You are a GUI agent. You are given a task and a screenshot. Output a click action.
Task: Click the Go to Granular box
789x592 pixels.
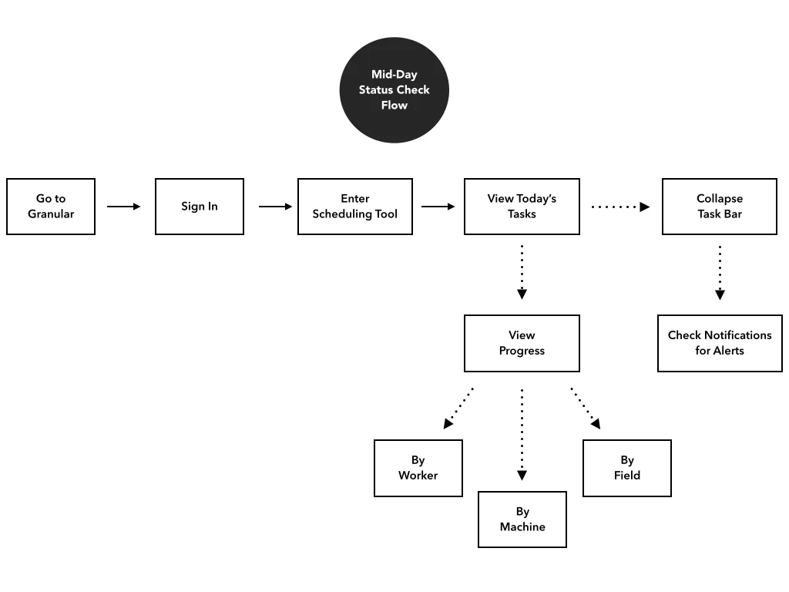coord(51,207)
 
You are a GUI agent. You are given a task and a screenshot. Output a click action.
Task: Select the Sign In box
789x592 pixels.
coord(200,207)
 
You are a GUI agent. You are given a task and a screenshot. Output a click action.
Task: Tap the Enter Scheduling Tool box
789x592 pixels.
coord(355,207)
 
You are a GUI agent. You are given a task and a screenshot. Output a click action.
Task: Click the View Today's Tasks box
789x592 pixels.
coord(522,207)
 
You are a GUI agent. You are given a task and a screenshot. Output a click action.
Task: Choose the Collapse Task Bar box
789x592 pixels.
coord(720,207)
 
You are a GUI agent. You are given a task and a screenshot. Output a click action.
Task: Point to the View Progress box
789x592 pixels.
coord(522,343)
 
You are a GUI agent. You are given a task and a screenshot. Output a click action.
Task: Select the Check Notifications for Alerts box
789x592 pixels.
coord(720,343)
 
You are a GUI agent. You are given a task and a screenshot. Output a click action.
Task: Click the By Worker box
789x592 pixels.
coord(418,468)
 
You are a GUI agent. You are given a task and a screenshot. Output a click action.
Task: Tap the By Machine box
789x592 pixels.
coord(522,520)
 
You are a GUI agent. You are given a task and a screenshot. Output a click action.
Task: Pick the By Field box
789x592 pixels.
coord(627,468)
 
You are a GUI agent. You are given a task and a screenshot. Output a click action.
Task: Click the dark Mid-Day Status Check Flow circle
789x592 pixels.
coord(394,90)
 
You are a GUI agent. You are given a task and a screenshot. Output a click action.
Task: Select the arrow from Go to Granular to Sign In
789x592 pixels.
coord(124,207)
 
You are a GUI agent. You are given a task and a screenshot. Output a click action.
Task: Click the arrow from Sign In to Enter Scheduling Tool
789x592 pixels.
coord(276,207)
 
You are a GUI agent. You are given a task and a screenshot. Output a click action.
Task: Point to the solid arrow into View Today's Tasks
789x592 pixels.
coord(438,207)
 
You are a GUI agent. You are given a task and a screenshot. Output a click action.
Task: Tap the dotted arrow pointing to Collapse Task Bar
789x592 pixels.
coord(620,207)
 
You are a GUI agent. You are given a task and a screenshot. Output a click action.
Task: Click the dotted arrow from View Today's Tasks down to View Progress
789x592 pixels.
coord(522,272)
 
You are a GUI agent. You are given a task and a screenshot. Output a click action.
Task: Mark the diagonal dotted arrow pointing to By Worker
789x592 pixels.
coord(458,408)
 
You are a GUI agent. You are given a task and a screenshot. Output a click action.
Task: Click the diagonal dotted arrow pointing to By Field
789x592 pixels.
coord(586,408)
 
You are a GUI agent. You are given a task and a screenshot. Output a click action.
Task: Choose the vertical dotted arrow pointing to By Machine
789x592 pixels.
coord(522,434)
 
